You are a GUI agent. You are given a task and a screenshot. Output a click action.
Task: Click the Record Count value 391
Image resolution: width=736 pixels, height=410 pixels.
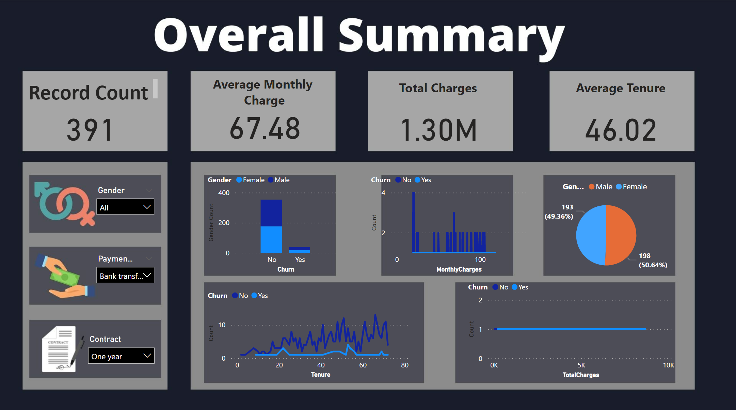[x=90, y=130]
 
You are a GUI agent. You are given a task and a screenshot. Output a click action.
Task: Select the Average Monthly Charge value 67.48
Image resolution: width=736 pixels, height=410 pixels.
[x=265, y=129]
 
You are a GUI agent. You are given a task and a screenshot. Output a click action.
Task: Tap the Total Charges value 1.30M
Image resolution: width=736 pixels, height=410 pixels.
[x=439, y=130]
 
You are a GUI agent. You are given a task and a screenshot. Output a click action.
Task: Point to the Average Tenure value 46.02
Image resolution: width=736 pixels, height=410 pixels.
[x=621, y=130]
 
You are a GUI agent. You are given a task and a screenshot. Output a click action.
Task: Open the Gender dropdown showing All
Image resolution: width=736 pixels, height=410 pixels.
[x=125, y=207]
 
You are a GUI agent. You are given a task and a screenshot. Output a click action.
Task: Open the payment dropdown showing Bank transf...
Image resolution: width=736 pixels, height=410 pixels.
[x=125, y=275]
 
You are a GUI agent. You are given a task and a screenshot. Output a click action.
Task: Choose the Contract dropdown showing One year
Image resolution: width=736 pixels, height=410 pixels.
[x=121, y=356]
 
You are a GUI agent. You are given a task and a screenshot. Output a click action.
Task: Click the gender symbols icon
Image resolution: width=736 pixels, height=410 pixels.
[x=64, y=204]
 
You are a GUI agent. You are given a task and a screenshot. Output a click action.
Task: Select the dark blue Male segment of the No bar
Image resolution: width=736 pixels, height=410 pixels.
[x=271, y=213]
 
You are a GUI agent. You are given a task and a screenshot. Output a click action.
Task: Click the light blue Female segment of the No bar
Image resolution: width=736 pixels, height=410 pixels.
[x=271, y=239]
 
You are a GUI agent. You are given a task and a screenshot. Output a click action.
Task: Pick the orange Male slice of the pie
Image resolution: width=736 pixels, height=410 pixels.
[x=622, y=235]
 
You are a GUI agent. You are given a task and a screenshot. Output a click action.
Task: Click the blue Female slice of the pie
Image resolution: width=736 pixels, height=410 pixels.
[x=591, y=235]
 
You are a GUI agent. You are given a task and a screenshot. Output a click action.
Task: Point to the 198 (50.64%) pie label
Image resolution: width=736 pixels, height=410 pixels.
[x=652, y=261]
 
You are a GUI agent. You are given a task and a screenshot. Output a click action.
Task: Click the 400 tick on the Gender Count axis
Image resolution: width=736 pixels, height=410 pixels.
[x=224, y=193]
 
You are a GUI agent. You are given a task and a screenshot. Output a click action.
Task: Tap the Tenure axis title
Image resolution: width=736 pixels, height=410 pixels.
[x=320, y=375]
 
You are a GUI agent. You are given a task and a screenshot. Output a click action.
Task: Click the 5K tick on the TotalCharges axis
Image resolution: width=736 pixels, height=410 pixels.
[x=581, y=365]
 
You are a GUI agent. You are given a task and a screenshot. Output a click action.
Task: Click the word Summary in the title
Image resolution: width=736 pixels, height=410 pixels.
[x=451, y=36]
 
